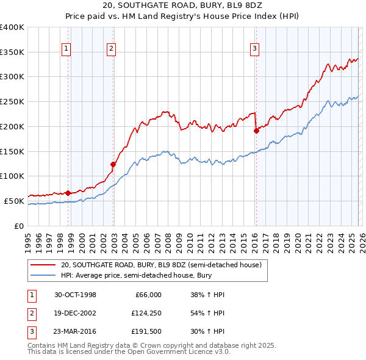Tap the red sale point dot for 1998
point(68,193)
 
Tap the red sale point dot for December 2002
point(113,164)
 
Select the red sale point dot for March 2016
point(256,130)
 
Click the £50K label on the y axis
point(14,201)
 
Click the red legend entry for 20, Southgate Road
point(161,265)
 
